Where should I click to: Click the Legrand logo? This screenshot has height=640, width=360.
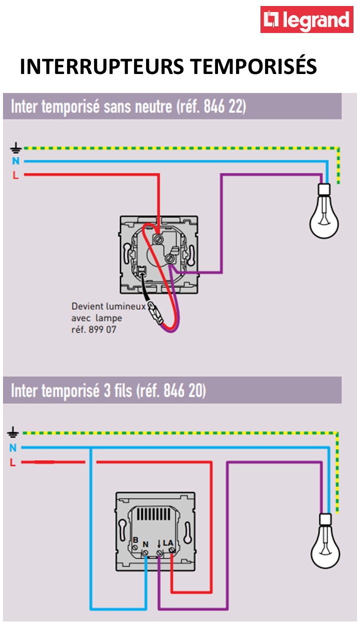point(306,20)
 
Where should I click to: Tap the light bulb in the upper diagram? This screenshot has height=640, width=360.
point(324,212)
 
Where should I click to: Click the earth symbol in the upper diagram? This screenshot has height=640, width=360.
point(15,148)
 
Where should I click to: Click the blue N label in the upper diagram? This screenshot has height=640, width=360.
point(15,161)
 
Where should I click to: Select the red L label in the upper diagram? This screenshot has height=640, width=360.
point(15,175)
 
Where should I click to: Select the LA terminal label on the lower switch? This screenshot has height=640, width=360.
point(168,542)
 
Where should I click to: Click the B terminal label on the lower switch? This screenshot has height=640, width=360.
point(135,540)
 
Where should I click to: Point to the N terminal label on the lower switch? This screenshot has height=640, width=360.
point(145,544)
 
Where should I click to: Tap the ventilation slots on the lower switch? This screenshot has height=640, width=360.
point(155,513)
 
